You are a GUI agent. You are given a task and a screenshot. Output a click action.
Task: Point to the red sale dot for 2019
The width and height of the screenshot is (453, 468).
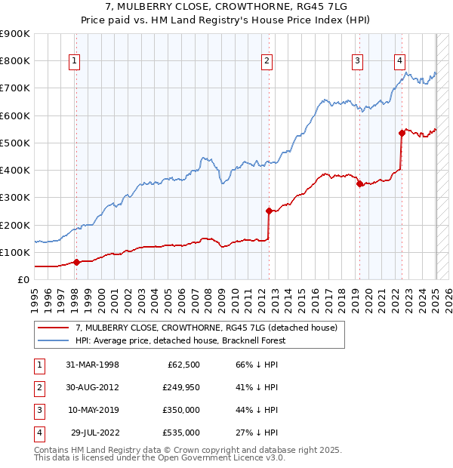click(359, 183)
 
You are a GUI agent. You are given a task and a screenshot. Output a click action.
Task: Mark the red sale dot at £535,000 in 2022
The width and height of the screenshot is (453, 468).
click(402, 133)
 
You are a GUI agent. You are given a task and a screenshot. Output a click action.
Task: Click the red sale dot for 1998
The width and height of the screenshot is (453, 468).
click(77, 263)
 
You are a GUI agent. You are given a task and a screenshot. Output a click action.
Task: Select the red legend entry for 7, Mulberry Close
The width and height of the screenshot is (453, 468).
click(211, 328)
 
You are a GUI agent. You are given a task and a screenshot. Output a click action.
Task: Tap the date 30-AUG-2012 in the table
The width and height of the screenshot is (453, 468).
click(92, 387)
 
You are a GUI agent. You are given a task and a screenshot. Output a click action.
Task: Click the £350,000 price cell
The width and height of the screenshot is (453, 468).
click(181, 410)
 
